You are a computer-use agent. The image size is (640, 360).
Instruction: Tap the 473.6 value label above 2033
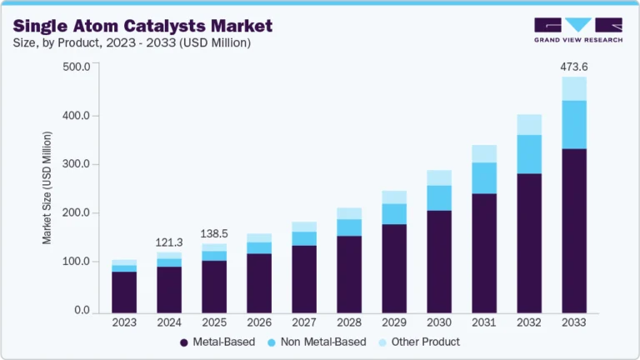[574, 67]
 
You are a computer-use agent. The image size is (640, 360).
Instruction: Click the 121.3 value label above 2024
[169, 242]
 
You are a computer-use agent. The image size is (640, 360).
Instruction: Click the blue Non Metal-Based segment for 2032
[529, 154]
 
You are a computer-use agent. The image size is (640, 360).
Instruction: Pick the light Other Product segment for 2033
[574, 88]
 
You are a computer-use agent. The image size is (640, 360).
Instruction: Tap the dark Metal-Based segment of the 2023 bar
[124, 291]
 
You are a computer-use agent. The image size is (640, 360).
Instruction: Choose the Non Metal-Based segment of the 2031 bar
[484, 177]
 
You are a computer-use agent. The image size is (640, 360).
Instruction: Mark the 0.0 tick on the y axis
[82, 311]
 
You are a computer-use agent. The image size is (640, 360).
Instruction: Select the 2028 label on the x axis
[349, 322]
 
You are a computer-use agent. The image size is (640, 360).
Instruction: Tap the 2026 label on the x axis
[259, 322]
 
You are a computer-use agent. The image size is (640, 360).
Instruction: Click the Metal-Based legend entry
[217, 342]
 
